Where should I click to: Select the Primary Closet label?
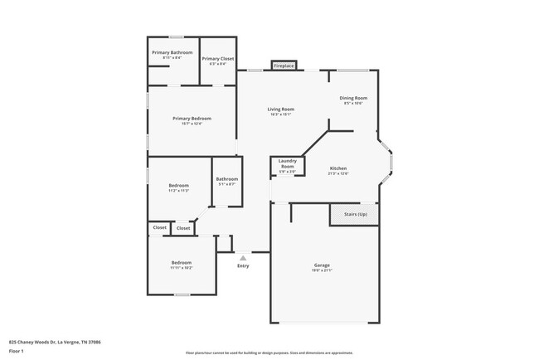[217, 59]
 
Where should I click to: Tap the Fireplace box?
[284, 65]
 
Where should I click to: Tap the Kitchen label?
[337, 168]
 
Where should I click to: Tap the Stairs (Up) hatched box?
[354, 214]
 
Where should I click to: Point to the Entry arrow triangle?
[243, 258]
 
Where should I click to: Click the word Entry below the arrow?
[243, 266]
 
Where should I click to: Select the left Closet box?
[159, 227]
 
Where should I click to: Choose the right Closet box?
[183, 228]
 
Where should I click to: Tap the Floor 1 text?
[16, 351]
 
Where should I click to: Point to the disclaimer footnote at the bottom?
[269, 353]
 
